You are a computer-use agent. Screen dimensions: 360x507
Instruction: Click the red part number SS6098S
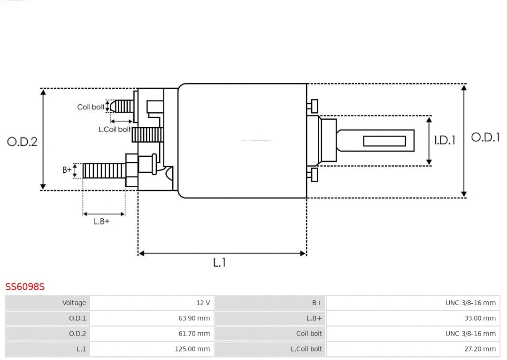point(25,286)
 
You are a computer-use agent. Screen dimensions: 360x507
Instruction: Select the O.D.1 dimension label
point(485,138)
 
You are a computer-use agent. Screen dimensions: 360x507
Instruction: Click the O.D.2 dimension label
point(22,142)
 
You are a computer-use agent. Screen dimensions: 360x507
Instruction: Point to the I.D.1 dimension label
point(445,140)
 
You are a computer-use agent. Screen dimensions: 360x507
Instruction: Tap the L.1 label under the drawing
point(220,263)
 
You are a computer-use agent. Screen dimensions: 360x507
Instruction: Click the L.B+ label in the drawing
point(101,221)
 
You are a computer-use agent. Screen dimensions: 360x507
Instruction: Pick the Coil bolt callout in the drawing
point(91,107)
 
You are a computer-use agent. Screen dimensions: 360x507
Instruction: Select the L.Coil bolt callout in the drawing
point(115,129)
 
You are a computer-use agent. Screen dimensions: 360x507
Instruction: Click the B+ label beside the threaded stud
point(67,170)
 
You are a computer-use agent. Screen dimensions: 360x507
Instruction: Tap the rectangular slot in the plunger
point(384,141)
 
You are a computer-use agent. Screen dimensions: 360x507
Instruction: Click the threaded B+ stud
point(104,171)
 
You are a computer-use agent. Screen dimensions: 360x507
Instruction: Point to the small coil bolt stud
point(123,106)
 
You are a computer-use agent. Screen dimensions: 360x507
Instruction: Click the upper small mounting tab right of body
point(314,106)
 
